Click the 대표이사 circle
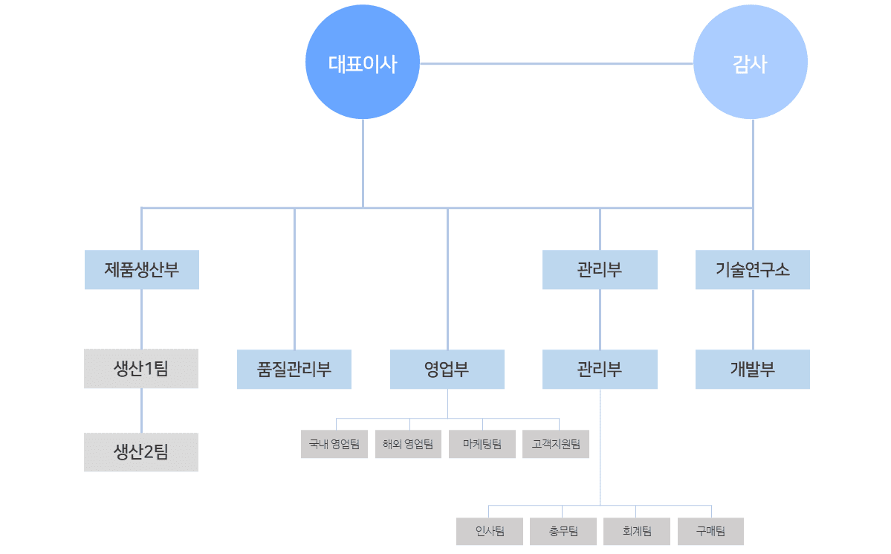[363, 63]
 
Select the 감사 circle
[750, 63]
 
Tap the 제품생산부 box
[141, 269]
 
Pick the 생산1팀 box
[141, 368]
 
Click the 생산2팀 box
[141, 451]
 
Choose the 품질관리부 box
[294, 369]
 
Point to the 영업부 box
[447, 369]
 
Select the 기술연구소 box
[753, 269]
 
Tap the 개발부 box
[753, 369]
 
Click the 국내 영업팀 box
[334, 444]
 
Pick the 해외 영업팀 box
[408, 444]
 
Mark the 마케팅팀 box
[482, 444]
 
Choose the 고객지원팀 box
[556, 444]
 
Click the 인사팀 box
[490, 531]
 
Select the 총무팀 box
[563, 531]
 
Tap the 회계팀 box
[637, 531]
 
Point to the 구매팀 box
[710, 531]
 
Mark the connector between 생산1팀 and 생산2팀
[141, 410]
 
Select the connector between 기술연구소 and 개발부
[753, 319]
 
